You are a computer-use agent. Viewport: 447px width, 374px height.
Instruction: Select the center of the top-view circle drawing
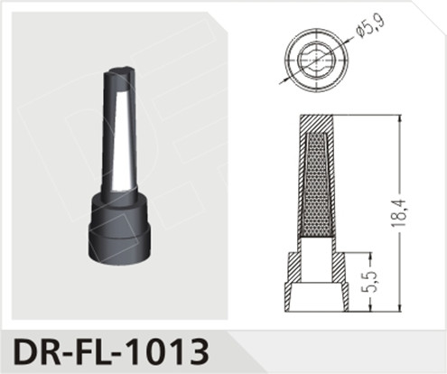313,58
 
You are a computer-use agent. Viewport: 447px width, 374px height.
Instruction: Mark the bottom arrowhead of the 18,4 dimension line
398,310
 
